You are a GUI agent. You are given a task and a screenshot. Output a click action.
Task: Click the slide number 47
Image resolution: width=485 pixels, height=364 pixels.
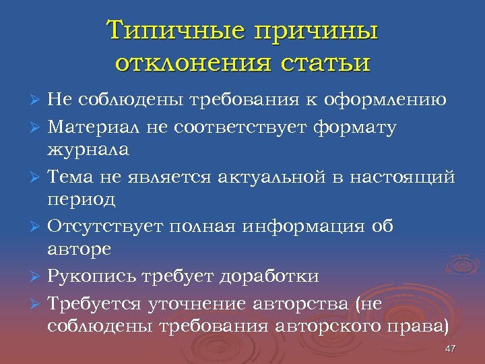tap(451, 348)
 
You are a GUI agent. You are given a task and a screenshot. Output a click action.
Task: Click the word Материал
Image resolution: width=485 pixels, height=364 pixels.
tap(94, 126)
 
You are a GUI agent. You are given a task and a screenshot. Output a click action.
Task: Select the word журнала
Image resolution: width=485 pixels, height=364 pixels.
tap(88, 148)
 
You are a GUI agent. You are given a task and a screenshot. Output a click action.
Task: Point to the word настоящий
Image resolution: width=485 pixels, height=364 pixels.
tap(405, 177)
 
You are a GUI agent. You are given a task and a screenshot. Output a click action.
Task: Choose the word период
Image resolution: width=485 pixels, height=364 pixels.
tap(82, 200)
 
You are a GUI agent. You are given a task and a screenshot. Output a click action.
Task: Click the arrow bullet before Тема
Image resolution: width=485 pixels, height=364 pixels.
tap(38, 178)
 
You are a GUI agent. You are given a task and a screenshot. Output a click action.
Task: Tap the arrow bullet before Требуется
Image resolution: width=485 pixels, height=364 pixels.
tap(38, 304)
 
